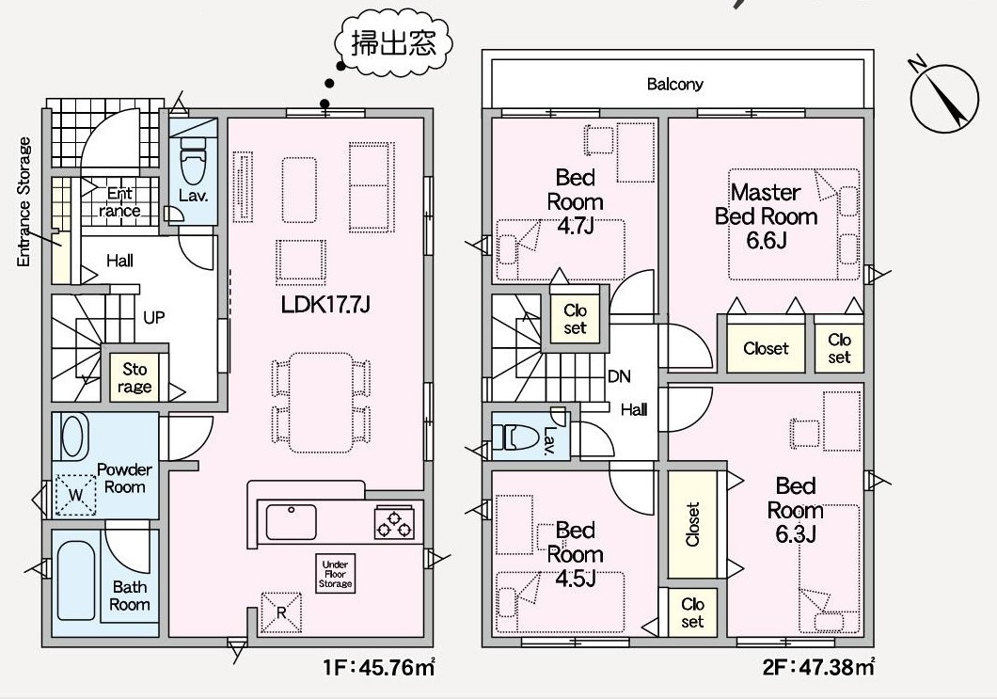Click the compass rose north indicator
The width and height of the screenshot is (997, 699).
pos(943,99)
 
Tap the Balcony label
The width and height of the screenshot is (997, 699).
pos(674,84)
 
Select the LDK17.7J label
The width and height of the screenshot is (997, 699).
pos(325,306)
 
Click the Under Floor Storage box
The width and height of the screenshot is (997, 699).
pos(335,574)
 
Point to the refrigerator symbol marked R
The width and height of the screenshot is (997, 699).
pos(281,612)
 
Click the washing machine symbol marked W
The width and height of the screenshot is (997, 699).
pos(75,495)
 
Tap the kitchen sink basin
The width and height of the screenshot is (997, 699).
pos(291,522)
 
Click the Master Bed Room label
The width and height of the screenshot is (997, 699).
pos(766,216)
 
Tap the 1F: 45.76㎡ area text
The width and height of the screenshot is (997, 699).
pos(380,667)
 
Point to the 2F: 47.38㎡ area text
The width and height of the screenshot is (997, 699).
pos(819,667)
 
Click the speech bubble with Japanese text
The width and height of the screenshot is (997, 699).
pos(394,41)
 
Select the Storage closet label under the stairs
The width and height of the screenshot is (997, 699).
pos(135,378)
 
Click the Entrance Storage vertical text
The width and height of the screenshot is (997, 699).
pos(24,202)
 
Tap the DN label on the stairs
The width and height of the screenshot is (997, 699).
pos(619,376)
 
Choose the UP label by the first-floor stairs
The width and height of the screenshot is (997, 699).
pos(154,317)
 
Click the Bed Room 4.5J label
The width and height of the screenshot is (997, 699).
pos(576,555)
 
